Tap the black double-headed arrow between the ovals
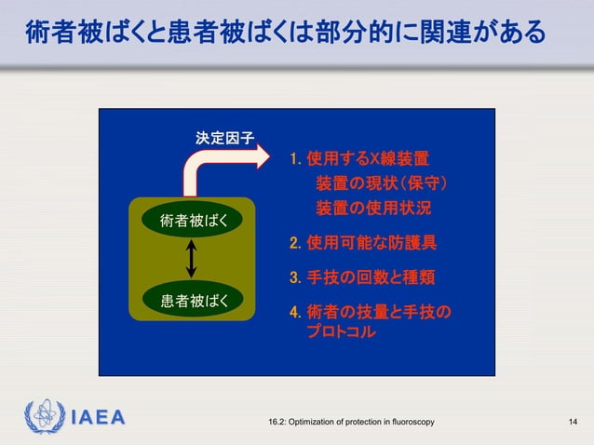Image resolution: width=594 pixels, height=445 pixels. [190, 260]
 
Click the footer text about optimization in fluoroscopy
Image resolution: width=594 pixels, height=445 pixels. [350, 424]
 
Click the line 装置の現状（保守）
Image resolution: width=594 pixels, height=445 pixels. [384, 182]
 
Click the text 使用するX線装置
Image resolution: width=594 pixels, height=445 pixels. [368, 158]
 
